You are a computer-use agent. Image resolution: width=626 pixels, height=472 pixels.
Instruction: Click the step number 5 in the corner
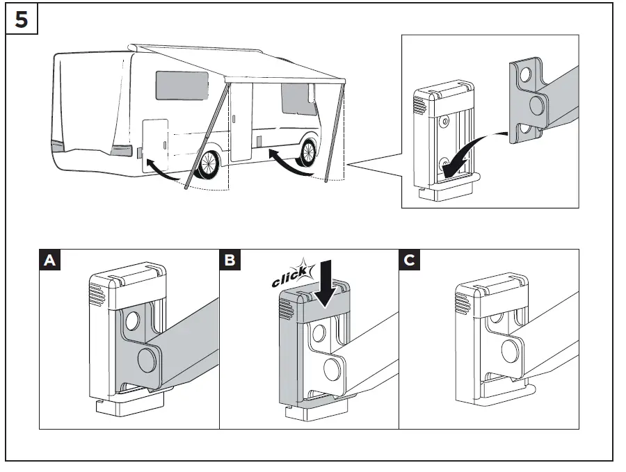[x=21, y=19]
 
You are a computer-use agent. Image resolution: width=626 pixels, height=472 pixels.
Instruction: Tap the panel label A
[x=49, y=261]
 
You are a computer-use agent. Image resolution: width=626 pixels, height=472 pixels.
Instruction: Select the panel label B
[x=230, y=261]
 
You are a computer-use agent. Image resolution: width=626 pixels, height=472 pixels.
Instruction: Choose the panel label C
[x=410, y=261]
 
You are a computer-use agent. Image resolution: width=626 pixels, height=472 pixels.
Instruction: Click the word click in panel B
[x=289, y=280]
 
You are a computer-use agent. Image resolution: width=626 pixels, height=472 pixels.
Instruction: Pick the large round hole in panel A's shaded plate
[x=147, y=359]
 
